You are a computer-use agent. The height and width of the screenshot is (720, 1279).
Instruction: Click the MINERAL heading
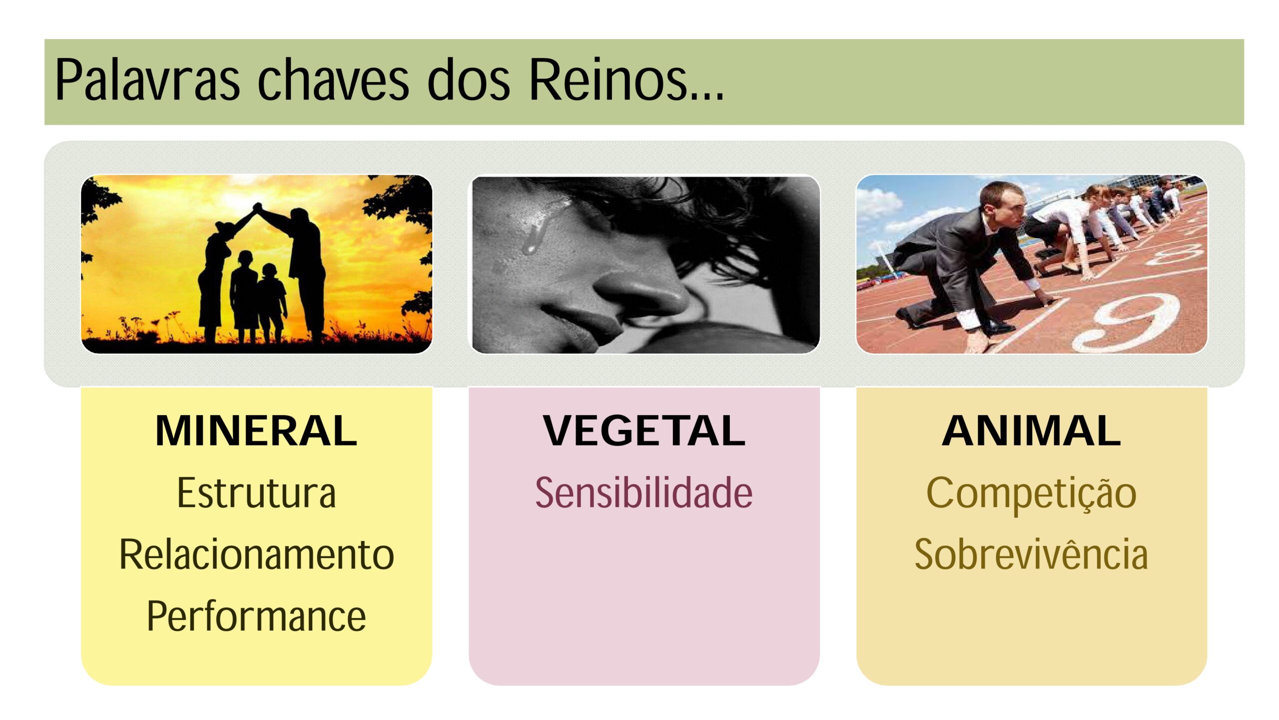click(256, 431)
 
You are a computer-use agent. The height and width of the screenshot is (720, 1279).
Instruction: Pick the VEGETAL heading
click(644, 431)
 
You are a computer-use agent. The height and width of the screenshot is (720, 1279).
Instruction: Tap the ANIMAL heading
click(1031, 431)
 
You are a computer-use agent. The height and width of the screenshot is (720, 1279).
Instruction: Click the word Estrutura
click(256, 493)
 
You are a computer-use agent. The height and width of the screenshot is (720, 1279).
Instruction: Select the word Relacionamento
click(256, 554)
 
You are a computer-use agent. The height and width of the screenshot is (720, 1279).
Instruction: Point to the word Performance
click(256, 616)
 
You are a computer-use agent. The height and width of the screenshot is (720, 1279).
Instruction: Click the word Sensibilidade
click(644, 493)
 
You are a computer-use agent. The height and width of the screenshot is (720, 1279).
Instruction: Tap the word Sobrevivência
click(1031, 554)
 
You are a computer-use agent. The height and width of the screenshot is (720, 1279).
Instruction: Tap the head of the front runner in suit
click(999, 202)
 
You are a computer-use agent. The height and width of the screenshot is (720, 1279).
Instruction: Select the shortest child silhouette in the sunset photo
click(270, 300)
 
